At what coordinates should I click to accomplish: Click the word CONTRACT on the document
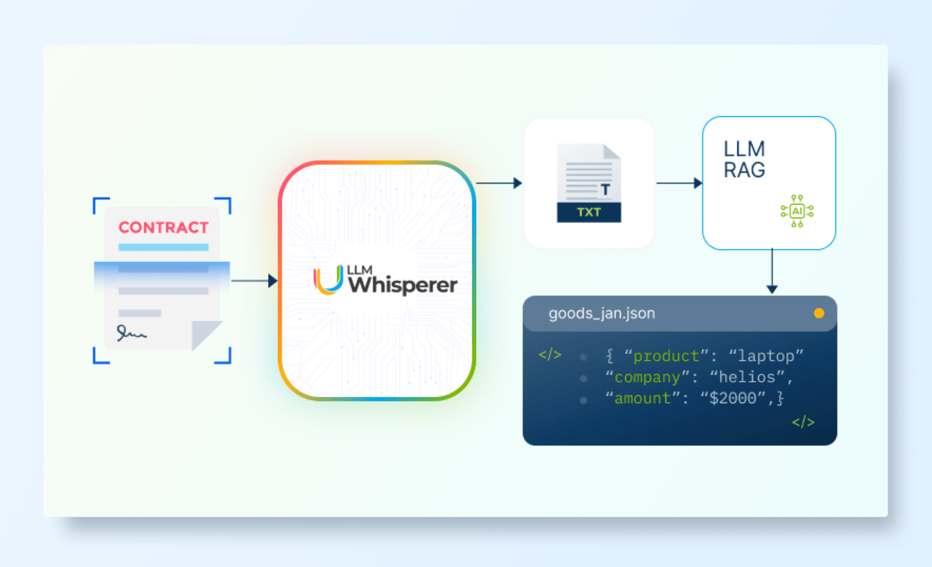163,228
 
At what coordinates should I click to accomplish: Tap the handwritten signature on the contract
131,333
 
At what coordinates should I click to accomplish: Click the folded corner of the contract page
205,333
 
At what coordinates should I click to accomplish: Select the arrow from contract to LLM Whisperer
254,280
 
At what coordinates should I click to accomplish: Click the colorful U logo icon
328,280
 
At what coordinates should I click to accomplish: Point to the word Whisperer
403,285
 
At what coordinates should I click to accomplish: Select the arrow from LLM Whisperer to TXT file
499,183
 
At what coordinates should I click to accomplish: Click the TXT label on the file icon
589,212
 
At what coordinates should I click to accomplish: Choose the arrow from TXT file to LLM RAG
679,183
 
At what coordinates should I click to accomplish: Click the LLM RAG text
745,160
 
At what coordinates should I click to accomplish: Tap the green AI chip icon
797,211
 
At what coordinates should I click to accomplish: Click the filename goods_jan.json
601,313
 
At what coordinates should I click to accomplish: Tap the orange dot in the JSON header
819,313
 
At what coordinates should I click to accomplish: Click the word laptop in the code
766,356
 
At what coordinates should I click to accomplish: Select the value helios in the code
747,378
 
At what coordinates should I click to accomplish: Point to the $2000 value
732,399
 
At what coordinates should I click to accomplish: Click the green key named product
666,356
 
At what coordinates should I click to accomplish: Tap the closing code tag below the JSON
803,422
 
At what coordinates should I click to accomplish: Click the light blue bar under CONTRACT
163,247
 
